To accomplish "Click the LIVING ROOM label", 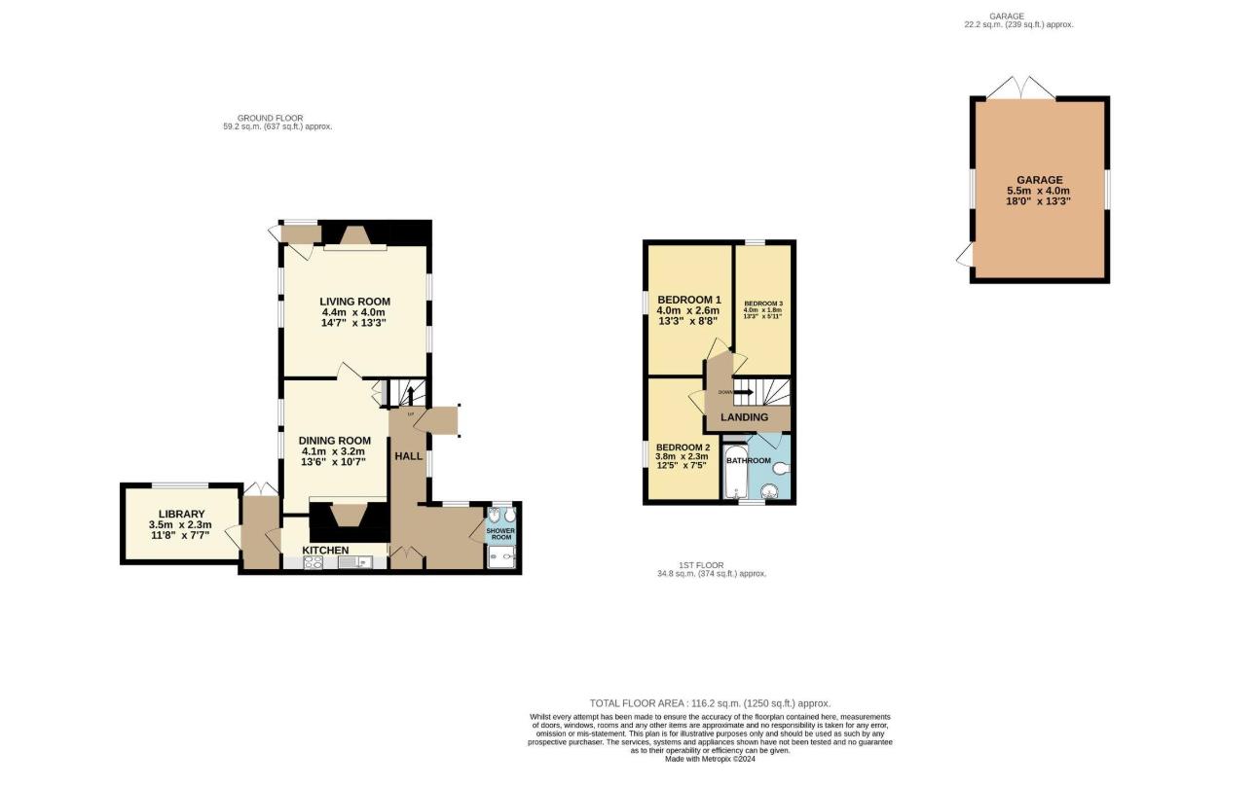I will pyautogui.click(x=354, y=301).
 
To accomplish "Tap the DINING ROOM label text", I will pyautogui.click(x=334, y=441).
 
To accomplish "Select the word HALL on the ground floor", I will pyautogui.click(x=408, y=455).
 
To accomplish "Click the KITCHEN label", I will pyautogui.click(x=325, y=551).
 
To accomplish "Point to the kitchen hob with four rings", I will pyautogui.click(x=314, y=561).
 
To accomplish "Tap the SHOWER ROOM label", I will pyautogui.click(x=500, y=534).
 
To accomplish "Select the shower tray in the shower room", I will pyautogui.click(x=501, y=556).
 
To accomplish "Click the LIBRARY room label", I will pyautogui.click(x=182, y=514).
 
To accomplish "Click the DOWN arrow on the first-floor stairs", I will pyautogui.click(x=743, y=392).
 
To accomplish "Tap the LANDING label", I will pyautogui.click(x=744, y=417).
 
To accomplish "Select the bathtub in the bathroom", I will pyautogui.click(x=733, y=473).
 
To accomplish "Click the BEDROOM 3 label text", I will pyautogui.click(x=762, y=304).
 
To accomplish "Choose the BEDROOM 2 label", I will pyautogui.click(x=682, y=447).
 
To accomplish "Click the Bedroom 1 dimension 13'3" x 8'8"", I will pyautogui.click(x=688, y=322).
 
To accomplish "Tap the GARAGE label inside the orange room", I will pyautogui.click(x=1039, y=180).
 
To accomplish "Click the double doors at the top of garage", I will pyautogui.click(x=1020, y=89).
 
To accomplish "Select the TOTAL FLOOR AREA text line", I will pyautogui.click(x=710, y=702).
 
